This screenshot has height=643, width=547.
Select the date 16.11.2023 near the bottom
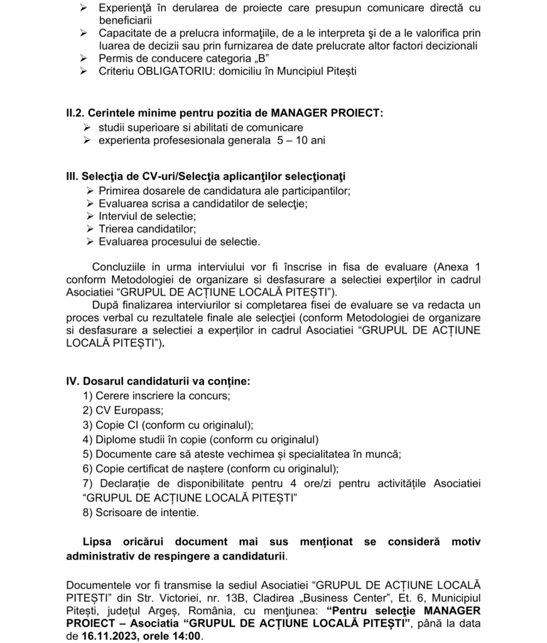coord(104,635)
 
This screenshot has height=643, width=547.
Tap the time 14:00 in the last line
coord(188,635)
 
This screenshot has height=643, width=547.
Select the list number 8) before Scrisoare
coord(88,512)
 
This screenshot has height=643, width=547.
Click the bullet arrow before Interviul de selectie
coord(89,215)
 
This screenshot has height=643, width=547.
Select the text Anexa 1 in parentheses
coord(455,266)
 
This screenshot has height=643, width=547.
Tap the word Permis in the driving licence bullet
coord(114,58)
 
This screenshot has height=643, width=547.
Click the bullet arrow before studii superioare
coord(88,127)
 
